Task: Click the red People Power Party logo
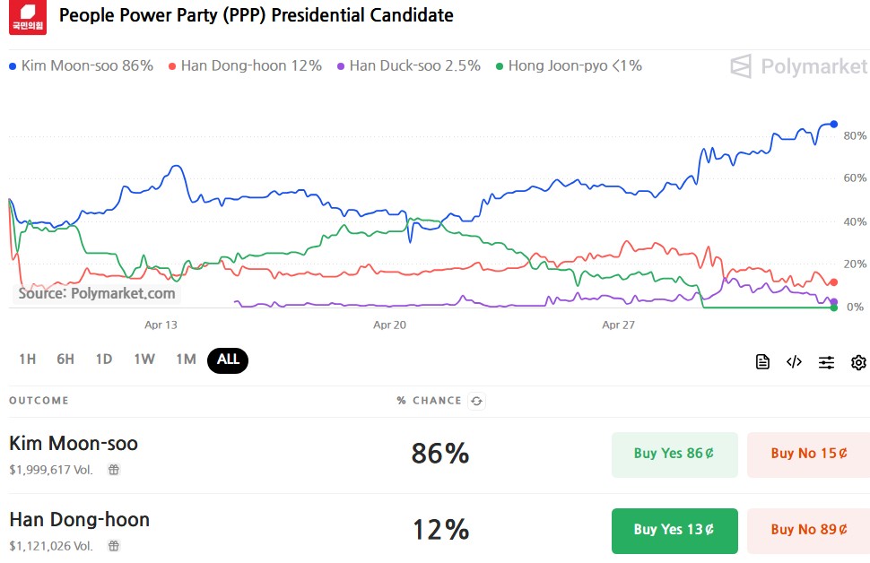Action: (27, 17)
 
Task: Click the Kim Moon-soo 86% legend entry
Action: (82, 65)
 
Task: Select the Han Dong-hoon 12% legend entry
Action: (245, 65)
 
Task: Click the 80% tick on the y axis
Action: (855, 135)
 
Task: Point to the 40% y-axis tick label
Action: (855, 221)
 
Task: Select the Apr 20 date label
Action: (390, 325)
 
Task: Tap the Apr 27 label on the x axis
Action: (618, 325)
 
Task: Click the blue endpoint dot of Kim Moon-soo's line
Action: (834, 124)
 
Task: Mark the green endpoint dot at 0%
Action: (834, 307)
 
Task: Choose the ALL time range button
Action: (228, 359)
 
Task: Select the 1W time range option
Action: (144, 359)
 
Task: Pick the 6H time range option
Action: (65, 359)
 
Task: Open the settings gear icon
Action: (858, 362)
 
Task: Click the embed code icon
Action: (794, 362)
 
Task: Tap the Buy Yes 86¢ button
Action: (674, 454)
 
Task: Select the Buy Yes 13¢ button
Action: (674, 530)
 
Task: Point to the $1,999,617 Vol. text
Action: (51, 469)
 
